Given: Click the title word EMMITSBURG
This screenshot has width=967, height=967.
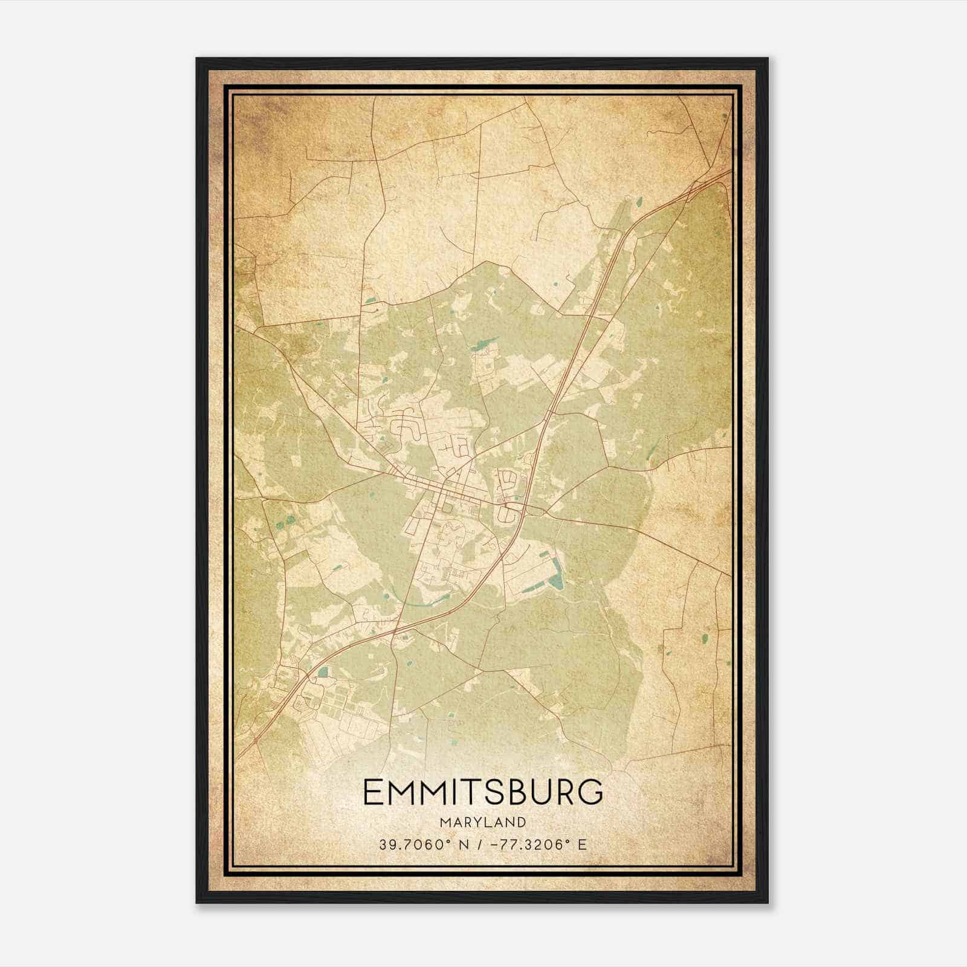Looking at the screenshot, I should tap(483, 792).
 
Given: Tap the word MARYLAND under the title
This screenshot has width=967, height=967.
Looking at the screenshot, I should tap(483, 823).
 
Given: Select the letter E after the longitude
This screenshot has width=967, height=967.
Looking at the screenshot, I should tap(581, 844).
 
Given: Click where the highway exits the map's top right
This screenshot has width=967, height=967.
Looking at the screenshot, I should tap(730, 172).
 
